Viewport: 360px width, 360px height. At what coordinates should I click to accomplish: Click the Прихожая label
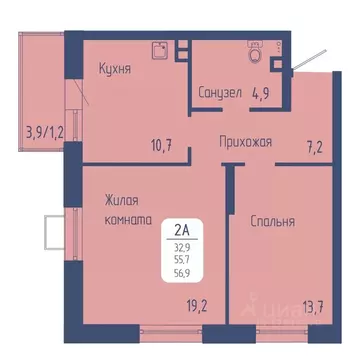point(245,143)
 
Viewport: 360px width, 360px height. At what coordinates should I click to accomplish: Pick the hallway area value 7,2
point(316,146)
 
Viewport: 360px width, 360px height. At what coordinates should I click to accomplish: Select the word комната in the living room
point(127,219)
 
